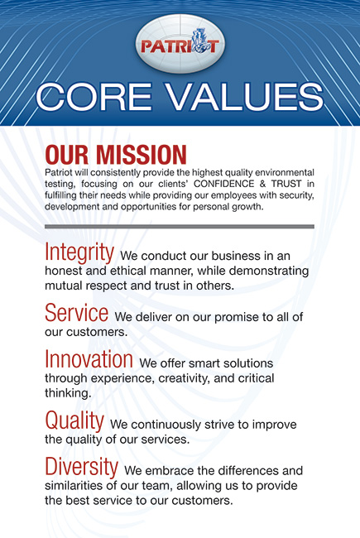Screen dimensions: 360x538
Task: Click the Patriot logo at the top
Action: pos(180,44)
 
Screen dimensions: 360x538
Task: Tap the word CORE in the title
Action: pos(94,97)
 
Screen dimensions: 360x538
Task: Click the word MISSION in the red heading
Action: pos(142,155)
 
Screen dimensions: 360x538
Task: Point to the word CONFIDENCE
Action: pos(223,184)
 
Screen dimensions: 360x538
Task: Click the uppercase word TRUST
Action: pos(286,184)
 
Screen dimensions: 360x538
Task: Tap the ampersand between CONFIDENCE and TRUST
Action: pos(262,184)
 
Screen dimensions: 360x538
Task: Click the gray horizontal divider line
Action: pos(180,227)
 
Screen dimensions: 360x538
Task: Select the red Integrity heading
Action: pos(79,252)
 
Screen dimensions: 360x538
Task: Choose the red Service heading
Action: pos(76,313)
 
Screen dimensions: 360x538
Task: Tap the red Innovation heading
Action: pos(89,359)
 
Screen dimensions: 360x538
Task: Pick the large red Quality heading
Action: pos(74,421)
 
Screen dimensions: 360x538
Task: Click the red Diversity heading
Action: pos(82,467)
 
